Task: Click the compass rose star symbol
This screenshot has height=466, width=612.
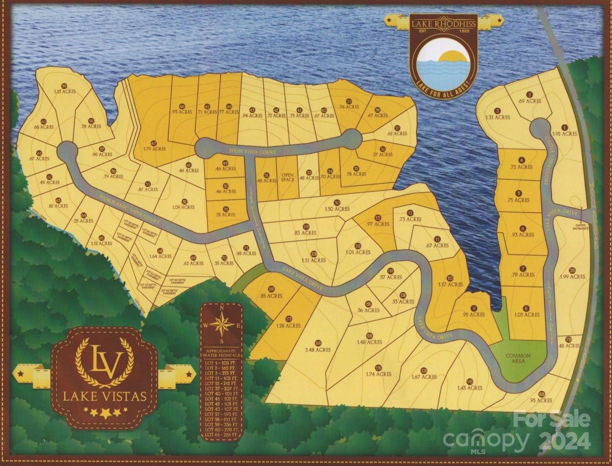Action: [x=221, y=325]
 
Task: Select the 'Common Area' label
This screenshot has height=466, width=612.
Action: [x=518, y=358]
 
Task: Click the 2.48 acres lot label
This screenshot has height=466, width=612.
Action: [x=317, y=350]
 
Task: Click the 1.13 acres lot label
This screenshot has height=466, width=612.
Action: [x=64, y=91]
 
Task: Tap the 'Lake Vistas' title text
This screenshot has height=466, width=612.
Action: [x=104, y=397]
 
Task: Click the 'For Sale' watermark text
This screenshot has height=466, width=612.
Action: [x=551, y=419]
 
